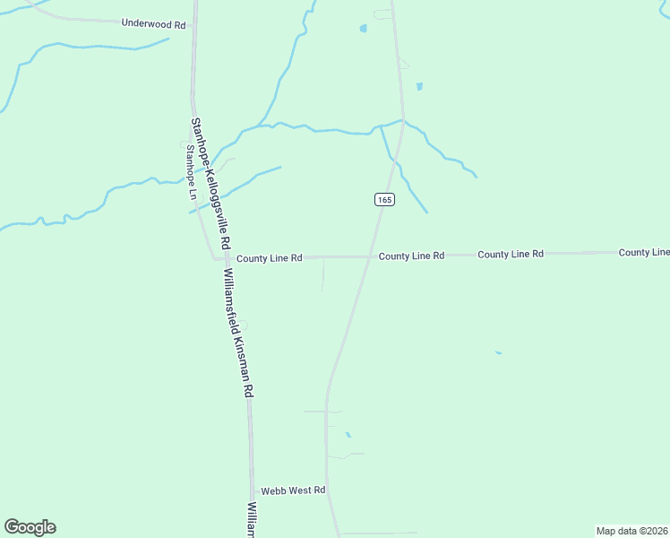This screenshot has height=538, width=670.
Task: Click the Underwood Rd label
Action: pos(153,24)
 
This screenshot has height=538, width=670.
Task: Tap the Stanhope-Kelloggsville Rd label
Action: pos(210,184)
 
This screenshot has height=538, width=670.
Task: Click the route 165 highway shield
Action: pos(384,200)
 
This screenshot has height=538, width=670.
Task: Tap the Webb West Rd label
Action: pos(293,490)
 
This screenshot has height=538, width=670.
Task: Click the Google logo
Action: pos(30,527)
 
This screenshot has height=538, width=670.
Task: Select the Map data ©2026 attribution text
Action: pos(631,530)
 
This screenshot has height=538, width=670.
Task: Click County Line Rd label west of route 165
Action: pos(269,258)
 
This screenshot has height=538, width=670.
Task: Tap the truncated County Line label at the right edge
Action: pos(644,253)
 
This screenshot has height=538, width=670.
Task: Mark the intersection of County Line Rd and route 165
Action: pos(370,256)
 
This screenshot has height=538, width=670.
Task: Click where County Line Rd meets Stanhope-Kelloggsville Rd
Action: pos(216,258)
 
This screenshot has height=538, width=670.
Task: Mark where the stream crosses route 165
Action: pos(402,121)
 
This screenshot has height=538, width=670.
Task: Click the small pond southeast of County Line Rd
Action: pos(498,352)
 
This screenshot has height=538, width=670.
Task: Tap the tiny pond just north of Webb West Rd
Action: pos(348,435)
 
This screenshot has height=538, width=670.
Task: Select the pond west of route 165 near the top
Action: pos(363,28)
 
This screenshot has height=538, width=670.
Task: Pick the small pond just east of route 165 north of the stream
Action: pos(418,87)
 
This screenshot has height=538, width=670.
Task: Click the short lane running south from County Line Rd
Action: pos(322,273)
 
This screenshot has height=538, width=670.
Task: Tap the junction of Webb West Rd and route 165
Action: pos(329,490)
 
